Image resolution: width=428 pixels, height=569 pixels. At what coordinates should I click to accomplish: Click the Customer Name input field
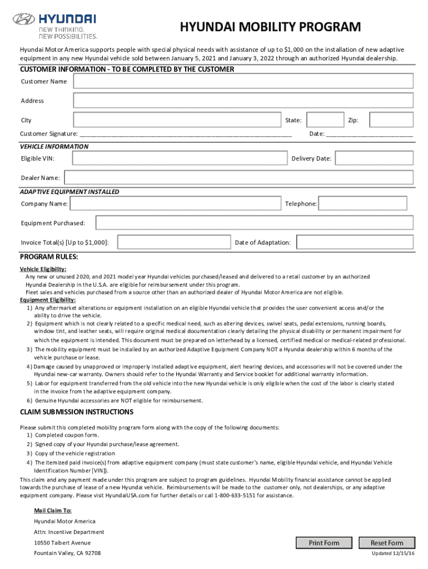(x=243, y=81)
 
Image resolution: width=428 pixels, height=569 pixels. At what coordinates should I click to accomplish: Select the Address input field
(x=243, y=101)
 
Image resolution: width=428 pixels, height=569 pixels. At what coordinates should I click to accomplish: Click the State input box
(x=325, y=120)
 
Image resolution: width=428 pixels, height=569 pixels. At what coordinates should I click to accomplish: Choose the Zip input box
(x=391, y=120)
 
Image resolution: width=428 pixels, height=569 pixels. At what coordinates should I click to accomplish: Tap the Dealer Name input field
(x=238, y=178)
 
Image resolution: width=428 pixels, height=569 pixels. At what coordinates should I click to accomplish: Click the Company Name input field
(x=176, y=204)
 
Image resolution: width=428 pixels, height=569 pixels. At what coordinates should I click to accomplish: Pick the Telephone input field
(x=366, y=204)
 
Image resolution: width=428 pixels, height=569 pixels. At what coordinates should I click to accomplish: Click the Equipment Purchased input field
(x=255, y=223)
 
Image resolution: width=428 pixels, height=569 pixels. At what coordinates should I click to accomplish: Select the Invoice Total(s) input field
(x=174, y=242)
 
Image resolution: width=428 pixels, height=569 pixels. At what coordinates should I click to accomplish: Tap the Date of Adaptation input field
(x=355, y=242)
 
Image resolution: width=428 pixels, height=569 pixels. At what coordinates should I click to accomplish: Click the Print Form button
(x=324, y=543)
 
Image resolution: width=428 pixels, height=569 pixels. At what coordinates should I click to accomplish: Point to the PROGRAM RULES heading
(x=49, y=257)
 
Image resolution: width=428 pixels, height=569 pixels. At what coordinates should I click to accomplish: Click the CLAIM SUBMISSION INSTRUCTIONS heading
(x=77, y=412)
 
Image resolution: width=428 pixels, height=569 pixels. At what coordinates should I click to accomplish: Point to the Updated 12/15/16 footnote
(x=392, y=554)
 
